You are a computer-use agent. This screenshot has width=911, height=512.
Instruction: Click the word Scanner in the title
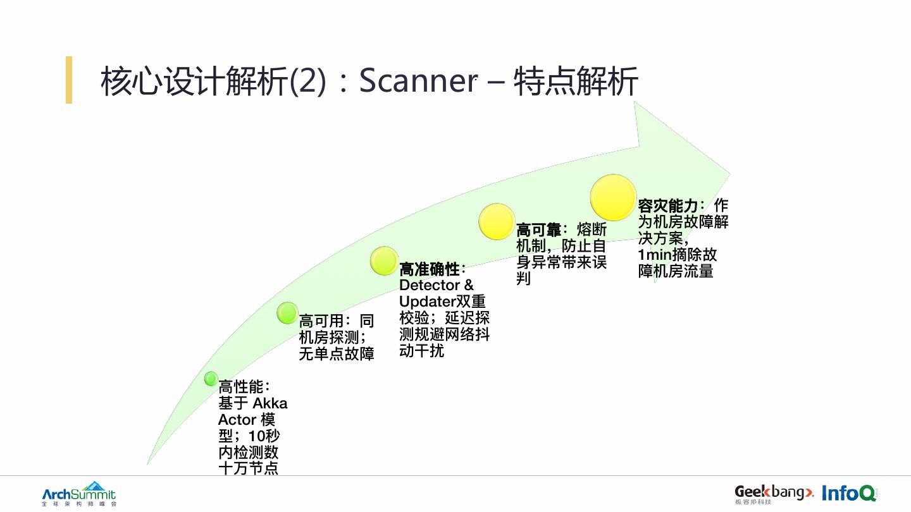pos(418,81)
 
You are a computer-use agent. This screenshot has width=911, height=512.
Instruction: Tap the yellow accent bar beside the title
pos(69,80)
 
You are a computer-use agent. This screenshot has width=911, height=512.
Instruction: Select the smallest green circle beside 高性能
pos(211,379)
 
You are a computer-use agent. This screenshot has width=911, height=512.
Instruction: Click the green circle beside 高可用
pos(287,312)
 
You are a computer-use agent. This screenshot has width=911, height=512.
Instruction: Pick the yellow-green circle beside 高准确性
pos(384,261)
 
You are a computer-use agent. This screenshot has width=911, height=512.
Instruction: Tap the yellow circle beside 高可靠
pos(497,221)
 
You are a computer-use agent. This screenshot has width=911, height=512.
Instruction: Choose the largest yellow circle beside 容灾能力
pos(613,198)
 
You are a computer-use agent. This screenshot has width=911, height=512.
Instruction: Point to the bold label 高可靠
pos(538,230)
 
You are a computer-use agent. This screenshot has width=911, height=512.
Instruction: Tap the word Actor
pos(237,420)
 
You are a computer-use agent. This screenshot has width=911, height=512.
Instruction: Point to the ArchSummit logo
pos(79,493)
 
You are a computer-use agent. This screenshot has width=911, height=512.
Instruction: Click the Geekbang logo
pos(773,493)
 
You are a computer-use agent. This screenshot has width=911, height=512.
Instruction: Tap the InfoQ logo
pos(849,493)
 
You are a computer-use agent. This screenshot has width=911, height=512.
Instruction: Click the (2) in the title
pos(308,81)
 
